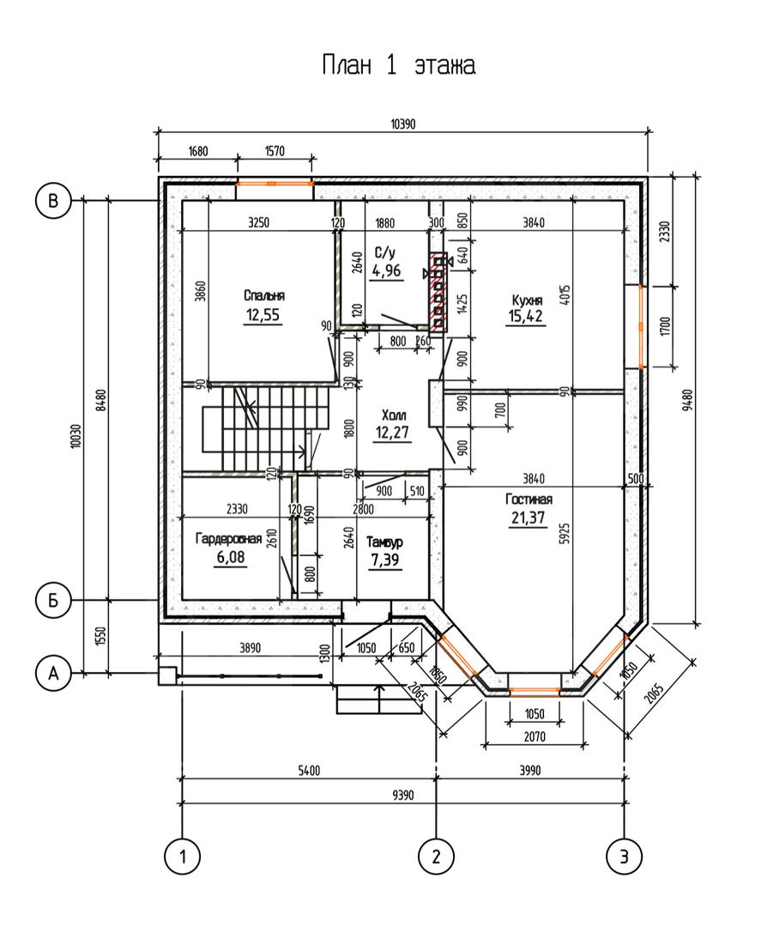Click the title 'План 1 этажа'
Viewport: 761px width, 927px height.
398,64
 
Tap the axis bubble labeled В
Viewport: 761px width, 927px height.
53,201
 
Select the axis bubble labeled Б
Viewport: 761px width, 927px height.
53,601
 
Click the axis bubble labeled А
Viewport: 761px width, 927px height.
53,673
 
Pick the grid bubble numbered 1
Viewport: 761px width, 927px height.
183,856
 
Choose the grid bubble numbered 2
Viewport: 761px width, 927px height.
436,856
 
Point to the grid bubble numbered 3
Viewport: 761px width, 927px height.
625,856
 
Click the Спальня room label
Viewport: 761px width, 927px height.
264,295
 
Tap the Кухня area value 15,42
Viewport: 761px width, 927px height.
525,316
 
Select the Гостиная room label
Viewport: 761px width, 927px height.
528,499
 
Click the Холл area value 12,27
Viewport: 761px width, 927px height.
392,432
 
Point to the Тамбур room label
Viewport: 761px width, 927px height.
384,542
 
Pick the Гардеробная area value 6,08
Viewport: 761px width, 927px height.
231,557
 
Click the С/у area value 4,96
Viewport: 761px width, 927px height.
386,270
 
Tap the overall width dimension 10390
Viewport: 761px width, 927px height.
403,124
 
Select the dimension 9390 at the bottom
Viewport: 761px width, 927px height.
403,795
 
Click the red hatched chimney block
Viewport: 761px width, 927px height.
438,292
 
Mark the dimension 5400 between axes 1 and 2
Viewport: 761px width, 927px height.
309,770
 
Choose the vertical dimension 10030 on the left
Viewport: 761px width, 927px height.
75,437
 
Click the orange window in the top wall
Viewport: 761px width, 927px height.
275,184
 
